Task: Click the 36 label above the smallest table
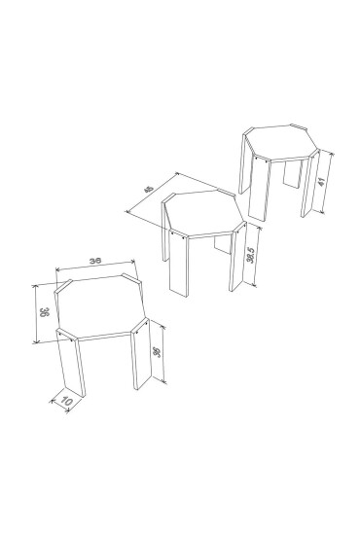pos(95,262)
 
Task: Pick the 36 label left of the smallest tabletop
pos(43,313)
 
